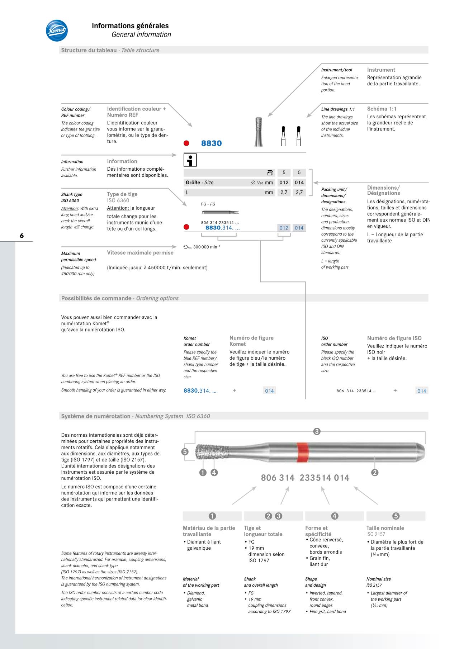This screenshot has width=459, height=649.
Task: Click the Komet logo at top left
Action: point(57,30)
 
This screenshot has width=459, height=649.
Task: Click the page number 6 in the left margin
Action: point(22,236)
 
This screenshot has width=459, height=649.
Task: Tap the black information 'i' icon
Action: point(190,160)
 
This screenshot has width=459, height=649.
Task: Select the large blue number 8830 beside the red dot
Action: point(211,143)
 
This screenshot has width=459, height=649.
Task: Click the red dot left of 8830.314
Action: point(186,227)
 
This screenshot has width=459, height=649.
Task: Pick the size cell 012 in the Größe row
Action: point(284,183)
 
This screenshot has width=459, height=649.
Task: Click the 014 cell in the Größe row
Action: point(299,183)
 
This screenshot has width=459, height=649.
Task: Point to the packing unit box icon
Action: point(270,172)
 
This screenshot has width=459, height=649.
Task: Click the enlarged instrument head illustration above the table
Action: point(259,132)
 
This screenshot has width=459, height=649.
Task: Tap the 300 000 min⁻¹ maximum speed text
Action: point(206,247)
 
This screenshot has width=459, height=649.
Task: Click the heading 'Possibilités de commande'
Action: point(96,298)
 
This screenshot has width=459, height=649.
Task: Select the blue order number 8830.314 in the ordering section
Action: point(200,391)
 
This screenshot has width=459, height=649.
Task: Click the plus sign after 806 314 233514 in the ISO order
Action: point(395,391)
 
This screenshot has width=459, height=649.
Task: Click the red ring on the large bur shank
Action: point(303,453)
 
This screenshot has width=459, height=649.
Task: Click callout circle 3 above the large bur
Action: point(317,431)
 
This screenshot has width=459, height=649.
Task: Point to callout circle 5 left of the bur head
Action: point(185,452)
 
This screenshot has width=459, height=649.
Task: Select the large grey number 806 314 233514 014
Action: point(305,478)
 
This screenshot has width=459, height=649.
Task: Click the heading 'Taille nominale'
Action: point(385,528)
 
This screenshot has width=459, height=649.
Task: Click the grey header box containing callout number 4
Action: point(334,516)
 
